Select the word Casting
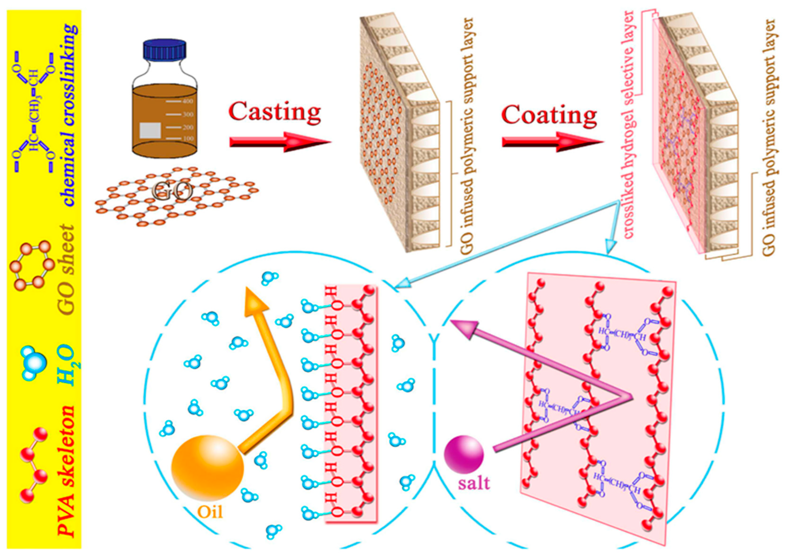[275, 112]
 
